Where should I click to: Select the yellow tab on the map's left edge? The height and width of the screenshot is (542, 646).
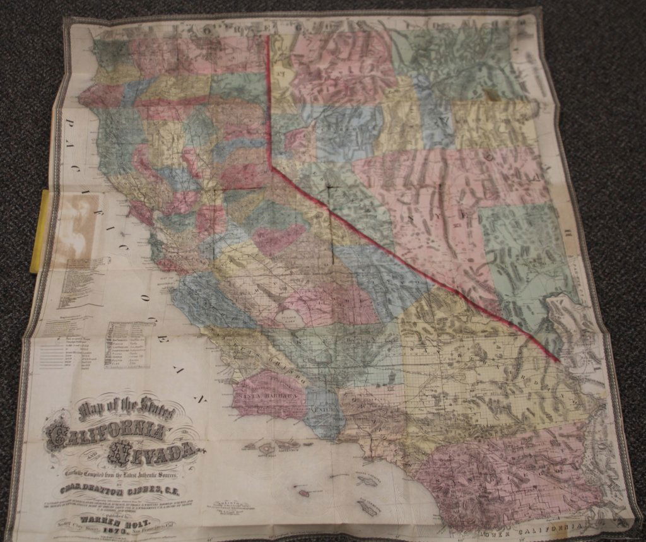[39, 231]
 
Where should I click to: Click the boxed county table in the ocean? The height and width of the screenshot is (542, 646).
[129, 345]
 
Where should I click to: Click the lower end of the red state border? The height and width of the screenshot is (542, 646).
[558, 361]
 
